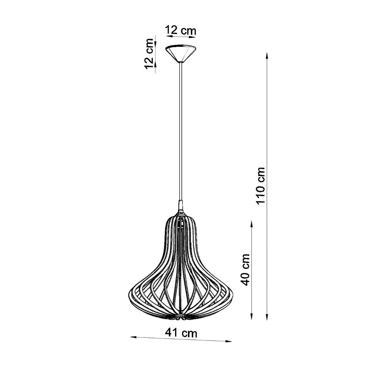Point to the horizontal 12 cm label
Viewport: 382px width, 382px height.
click(180, 31)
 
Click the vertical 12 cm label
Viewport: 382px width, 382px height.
click(149, 54)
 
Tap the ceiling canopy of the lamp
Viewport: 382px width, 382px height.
click(180, 53)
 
